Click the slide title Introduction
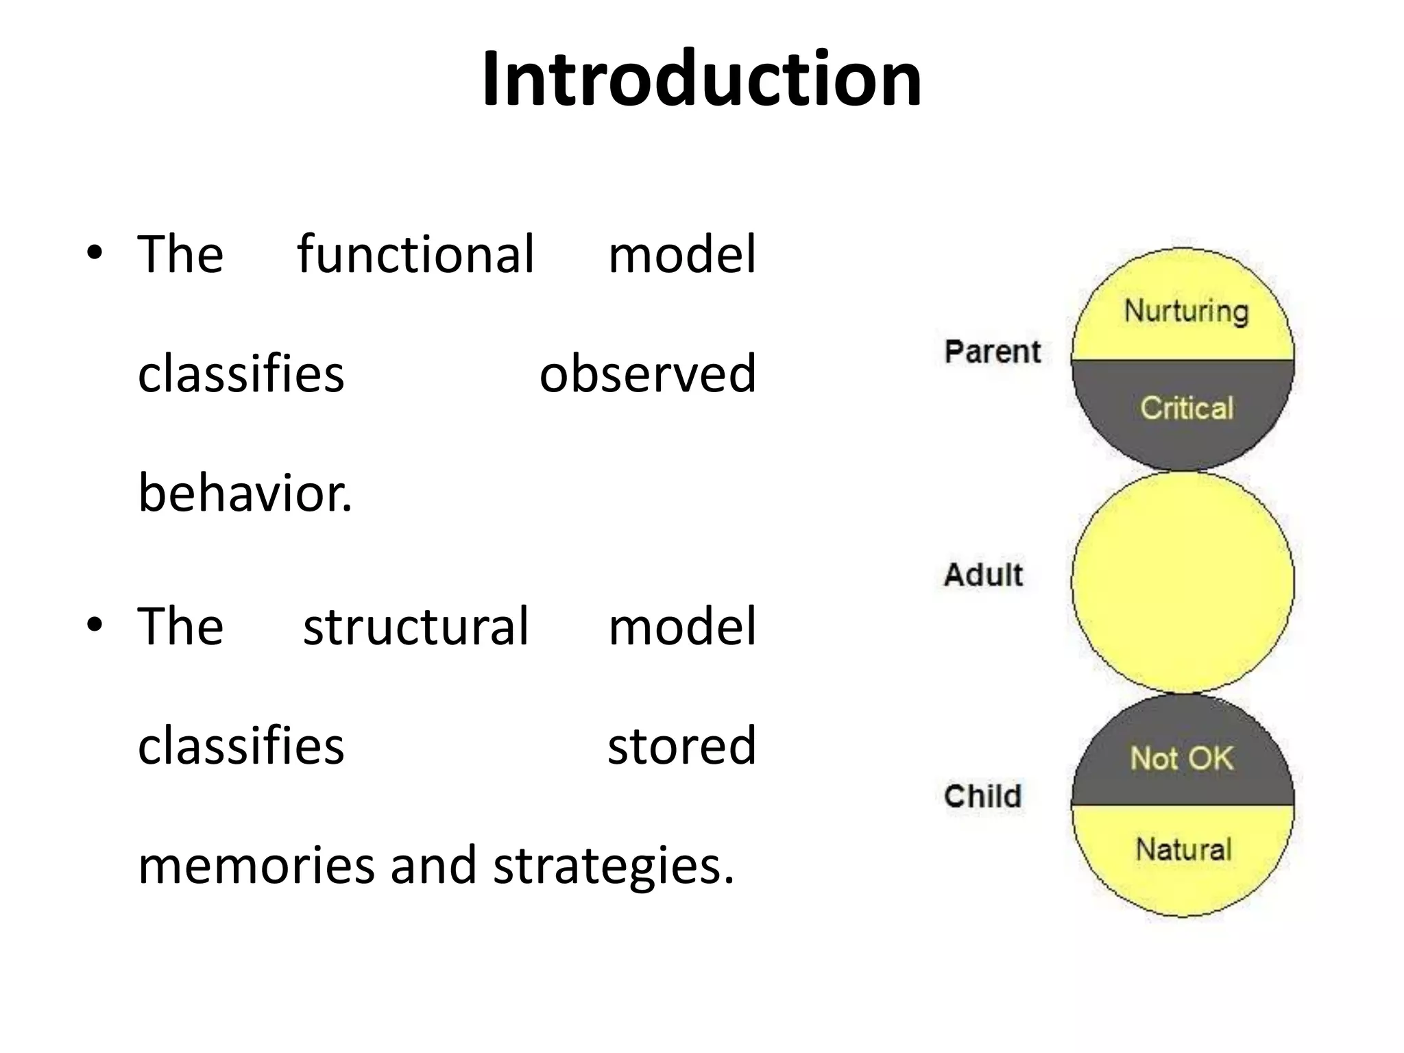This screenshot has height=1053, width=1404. click(701, 79)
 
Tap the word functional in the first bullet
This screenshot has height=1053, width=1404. click(415, 254)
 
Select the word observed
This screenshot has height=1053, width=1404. click(647, 374)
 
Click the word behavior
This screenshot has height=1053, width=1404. click(245, 493)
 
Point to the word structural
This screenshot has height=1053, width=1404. click(415, 627)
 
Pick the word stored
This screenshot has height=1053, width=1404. click(681, 745)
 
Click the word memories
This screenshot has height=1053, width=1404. click(256, 865)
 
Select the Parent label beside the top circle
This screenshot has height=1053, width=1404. click(992, 352)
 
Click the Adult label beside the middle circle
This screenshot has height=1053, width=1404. click(983, 574)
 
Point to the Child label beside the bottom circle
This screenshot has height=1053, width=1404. click(982, 797)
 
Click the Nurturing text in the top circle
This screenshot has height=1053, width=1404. click(1186, 311)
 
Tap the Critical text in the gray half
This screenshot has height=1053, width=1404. click(1187, 408)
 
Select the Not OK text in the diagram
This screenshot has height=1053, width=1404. click(1182, 759)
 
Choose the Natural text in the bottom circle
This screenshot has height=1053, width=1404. click(1183, 850)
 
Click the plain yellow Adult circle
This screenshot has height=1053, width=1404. click(1183, 583)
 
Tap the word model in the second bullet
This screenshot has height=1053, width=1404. click(681, 627)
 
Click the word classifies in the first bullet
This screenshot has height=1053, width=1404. click(241, 374)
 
